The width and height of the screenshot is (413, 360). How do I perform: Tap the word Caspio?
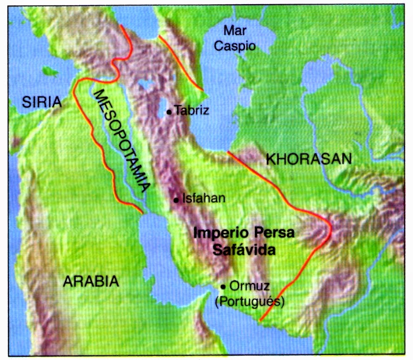click(x=239, y=46)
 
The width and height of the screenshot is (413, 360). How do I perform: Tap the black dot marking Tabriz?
click(x=170, y=111)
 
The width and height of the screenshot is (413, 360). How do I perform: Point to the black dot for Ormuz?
click(x=223, y=286)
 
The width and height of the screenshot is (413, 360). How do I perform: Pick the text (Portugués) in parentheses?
click(x=250, y=302)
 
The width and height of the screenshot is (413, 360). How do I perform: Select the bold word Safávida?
click(x=244, y=250)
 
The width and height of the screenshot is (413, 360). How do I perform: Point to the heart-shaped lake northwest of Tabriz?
click(x=147, y=84)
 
